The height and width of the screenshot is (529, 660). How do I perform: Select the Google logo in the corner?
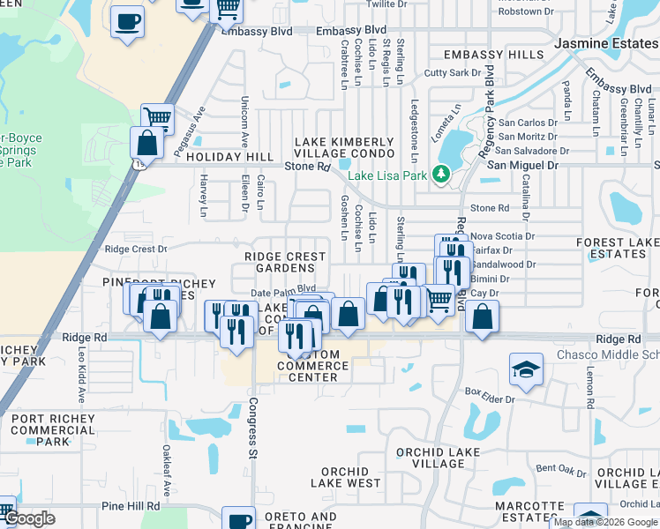tap(29, 518)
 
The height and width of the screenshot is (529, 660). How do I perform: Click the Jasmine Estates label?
tap(605, 42)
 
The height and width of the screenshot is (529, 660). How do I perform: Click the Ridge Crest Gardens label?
tap(285, 262)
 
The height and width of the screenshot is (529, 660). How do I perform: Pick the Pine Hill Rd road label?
tap(131, 506)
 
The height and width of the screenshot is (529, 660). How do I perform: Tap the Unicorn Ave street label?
tap(244, 128)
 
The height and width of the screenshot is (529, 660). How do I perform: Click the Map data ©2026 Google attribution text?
tap(604, 522)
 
